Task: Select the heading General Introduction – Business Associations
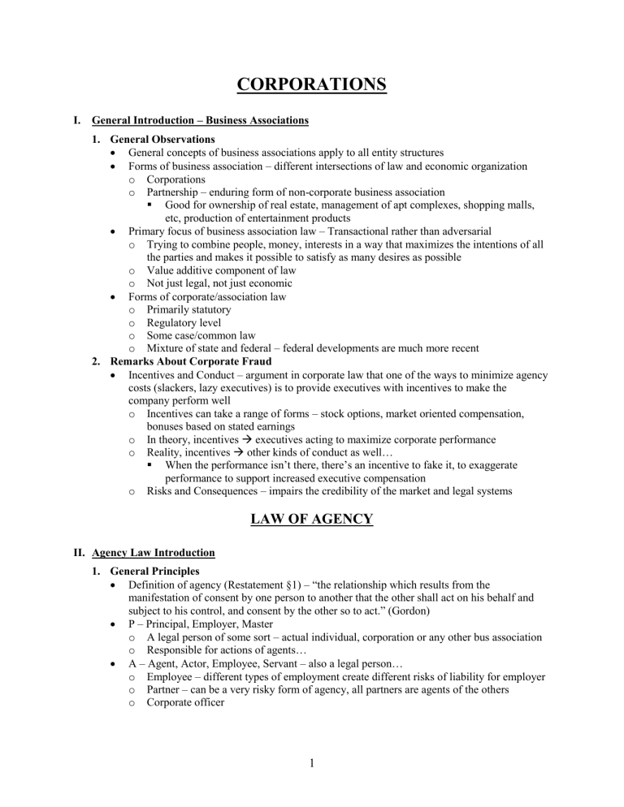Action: point(201,121)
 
